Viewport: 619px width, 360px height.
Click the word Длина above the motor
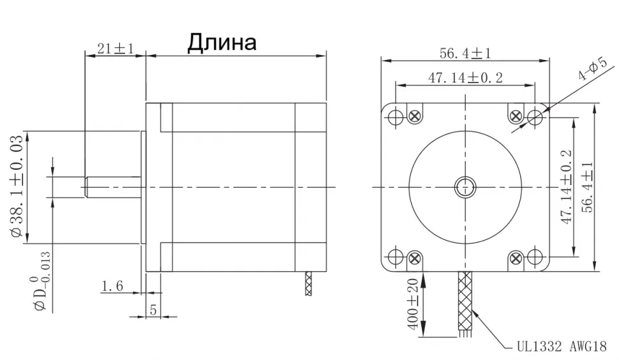(x=221, y=43)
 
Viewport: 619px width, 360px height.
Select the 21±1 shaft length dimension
(x=115, y=49)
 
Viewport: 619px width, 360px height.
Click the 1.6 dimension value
(x=112, y=286)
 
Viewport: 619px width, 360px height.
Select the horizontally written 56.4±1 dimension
(x=465, y=54)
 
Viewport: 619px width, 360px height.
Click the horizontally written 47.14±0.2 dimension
(x=465, y=78)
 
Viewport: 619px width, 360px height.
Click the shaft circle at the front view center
(x=465, y=187)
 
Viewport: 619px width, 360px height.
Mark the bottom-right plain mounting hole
(x=535, y=257)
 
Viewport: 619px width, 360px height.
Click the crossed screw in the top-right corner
(x=516, y=116)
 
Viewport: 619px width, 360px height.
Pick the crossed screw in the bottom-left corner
(x=415, y=258)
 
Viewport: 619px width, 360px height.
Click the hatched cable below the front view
(x=466, y=300)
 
